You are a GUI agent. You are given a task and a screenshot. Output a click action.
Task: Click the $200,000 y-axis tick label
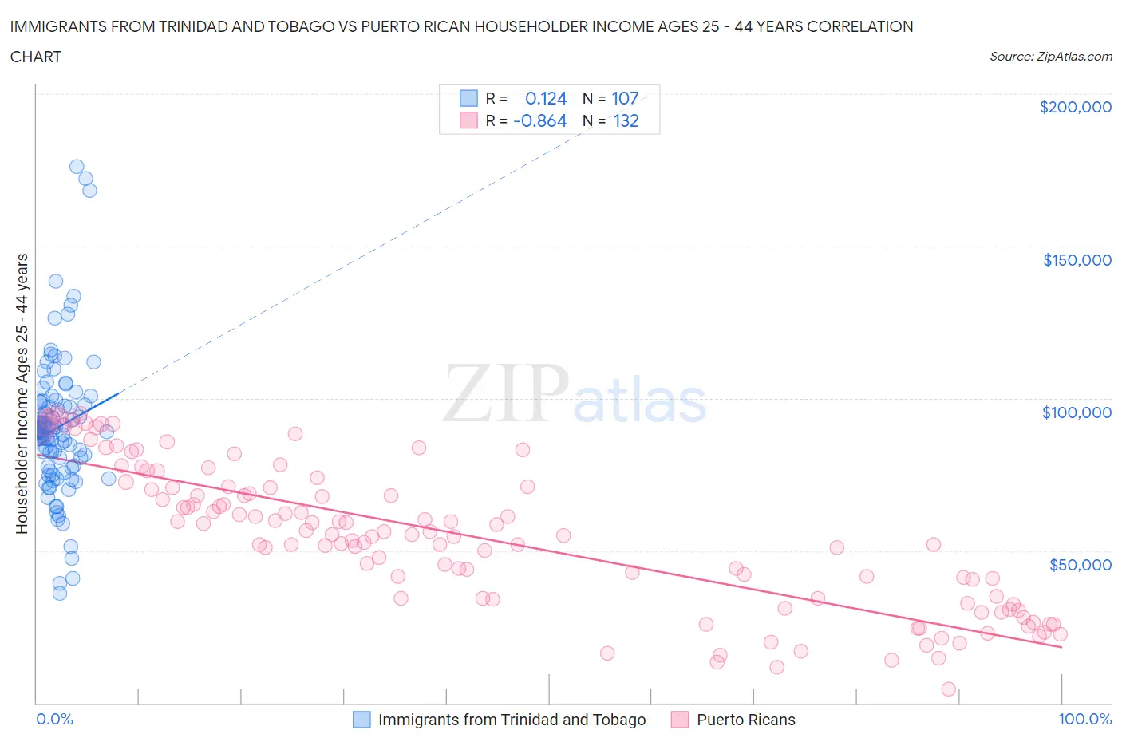[1075, 107]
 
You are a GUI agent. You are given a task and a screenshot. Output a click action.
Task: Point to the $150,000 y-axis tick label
[1077, 260]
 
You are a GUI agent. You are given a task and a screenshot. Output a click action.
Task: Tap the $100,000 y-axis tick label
[1077, 412]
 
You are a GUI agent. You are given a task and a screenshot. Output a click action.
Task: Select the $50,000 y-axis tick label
[1080, 565]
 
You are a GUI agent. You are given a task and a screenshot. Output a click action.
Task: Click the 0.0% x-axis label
[54, 719]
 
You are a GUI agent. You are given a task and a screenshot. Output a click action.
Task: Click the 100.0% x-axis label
[1084, 719]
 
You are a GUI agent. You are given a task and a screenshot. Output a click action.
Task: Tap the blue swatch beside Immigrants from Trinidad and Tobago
[361, 720]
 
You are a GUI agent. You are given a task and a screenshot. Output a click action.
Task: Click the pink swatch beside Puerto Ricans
[680, 720]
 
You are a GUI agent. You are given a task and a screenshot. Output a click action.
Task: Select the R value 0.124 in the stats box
[545, 98]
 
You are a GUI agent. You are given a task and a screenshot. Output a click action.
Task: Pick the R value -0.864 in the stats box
[540, 120]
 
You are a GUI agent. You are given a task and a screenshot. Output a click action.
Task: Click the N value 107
[625, 98]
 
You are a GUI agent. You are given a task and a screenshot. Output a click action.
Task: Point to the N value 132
[626, 120]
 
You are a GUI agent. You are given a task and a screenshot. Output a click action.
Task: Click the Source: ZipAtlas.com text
[1050, 56]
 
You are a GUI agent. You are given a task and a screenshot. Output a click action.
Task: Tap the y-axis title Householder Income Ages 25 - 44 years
[22, 393]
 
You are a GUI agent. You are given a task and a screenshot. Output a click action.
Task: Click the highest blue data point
[77, 167]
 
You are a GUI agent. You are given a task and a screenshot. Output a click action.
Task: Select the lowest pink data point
[948, 689]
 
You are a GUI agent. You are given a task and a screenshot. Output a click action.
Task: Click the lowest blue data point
[60, 593]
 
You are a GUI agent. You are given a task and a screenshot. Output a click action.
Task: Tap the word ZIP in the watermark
[505, 393]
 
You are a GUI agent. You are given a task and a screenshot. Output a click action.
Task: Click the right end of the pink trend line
[1061, 648]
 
